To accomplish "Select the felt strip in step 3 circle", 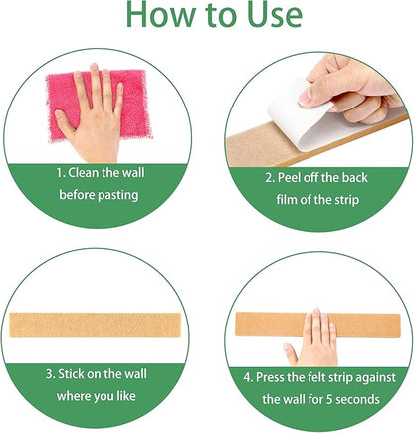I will (103, 326).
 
